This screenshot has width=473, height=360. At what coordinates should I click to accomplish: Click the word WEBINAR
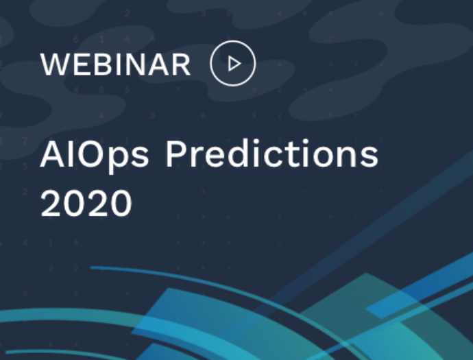coord(116,64)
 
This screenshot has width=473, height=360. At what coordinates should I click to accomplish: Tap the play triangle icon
coord(234,64)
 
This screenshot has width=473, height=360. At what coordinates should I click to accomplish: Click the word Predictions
coord(272,154)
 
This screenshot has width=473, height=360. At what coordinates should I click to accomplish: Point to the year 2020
coord(86,203)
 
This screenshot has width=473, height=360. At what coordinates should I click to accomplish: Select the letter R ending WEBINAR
coord(182,64)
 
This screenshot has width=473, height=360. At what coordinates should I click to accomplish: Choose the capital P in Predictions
coord(175,154)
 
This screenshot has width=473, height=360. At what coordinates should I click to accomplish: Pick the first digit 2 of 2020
coord(50,202)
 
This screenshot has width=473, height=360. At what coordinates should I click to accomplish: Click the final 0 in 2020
coord(121,203)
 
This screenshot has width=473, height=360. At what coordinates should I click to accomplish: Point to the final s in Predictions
coord(369,157)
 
